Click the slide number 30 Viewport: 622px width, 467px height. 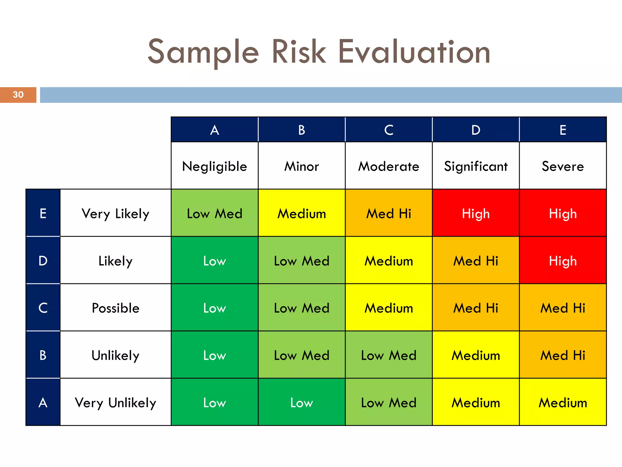tap(18, 95)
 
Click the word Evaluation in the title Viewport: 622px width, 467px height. tap(414, 52)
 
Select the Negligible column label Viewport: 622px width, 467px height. tap(214, 166)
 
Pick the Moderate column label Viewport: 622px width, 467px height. tap(388, 166)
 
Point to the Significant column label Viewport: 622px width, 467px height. tap(476, 166)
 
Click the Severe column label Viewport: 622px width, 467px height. tap(563, 166)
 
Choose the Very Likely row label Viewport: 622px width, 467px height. tap(115, 213)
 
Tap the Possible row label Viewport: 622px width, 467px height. tap(115, 308)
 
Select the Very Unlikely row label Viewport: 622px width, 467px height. tap(115, 403)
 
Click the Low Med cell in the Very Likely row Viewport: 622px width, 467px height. tap(214, 213)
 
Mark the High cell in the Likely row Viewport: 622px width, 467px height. tap(563, 261)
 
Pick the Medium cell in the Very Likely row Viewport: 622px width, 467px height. tap(302, 213)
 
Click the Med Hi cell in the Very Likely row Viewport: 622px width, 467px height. tap(388, 213)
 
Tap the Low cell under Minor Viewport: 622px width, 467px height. tap(302, 403)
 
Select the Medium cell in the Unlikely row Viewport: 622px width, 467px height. tap(476, 355)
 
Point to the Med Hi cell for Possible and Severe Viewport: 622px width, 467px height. tap(563, 308)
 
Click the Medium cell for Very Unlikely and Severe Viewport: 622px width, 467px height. tap(563, 403)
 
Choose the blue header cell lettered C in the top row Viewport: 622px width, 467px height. tap(388, 130)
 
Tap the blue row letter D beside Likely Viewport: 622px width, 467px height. tap(43, 261)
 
